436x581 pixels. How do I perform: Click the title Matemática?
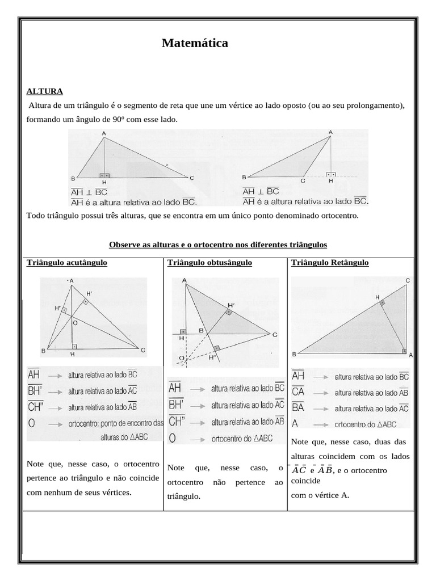(195, 43)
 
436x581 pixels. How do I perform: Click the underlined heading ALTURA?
(45, 91)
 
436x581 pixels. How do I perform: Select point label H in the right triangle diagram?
(377, 297)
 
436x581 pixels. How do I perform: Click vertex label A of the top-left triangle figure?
(104, 133)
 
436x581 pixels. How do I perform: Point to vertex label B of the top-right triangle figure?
(245, 177)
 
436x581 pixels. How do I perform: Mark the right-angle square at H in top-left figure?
(104, 175)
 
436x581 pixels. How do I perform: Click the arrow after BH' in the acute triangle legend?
(55, 391)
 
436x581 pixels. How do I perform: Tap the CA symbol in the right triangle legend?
(298, 391)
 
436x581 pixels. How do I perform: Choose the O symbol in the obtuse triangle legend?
(173, 437)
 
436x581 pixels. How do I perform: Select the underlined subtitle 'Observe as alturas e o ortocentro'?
(218, 245)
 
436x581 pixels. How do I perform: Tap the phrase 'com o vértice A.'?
(320, 495)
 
